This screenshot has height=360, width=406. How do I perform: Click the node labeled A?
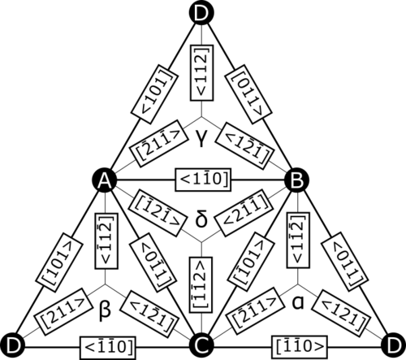[x=105, y=180]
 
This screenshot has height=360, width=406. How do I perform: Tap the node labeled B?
[x=297, y=180]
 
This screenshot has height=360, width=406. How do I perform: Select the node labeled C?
[x=201, y=346]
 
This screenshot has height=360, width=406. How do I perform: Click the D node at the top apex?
[x=201, y=12]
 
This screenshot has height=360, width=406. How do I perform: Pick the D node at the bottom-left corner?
[x=13, y=346]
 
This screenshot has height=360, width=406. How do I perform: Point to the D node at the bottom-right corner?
[x=393, y=346]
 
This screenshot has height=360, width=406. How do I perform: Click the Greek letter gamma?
[x=201, y=138]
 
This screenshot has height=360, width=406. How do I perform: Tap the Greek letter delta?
[x=201, y=219]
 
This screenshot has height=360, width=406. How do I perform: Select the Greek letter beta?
[x=105, y=310]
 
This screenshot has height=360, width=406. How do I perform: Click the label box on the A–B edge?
[x=203, y=180]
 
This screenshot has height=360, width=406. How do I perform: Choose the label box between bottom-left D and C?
[x=107, y=346]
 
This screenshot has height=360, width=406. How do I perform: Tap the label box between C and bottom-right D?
[x=300, y=346]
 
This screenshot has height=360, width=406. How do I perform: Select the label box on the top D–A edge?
[x=154, y=94]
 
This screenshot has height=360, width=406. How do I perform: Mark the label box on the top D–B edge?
[x=248, y=94]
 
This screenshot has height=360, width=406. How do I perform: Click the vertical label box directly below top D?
[x=202, y=73]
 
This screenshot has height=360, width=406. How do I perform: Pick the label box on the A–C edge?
[x=152, y=262]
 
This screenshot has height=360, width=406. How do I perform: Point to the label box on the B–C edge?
[x=252, y=262]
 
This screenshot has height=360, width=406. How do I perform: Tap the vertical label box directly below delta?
[x=201, y=284]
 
